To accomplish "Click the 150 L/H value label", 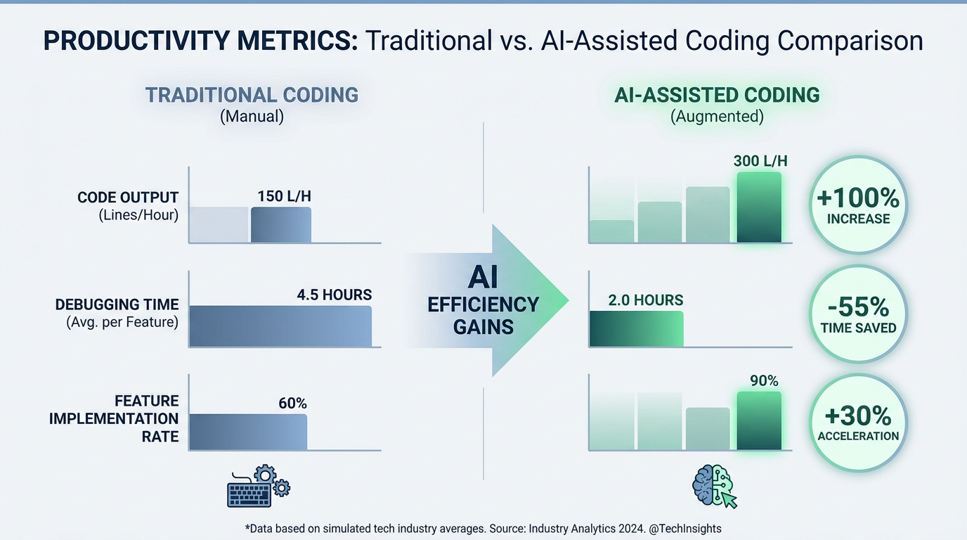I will tap(284, 196).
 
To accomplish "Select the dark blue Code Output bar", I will tap(280, 225).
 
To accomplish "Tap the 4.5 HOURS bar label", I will tap(335, 295).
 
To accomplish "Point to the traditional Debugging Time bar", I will tap(280, 326).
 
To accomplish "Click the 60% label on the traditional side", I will tap(293, 403).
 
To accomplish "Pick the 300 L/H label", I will tap(760, 161).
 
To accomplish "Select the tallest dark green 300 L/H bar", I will tap(759, 207).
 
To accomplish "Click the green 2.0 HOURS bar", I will tap(636, 328).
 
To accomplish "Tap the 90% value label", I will tap(764, 380).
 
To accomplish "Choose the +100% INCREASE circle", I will tap(858, 205).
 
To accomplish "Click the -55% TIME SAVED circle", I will tap(858, 314).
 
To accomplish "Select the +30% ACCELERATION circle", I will tap(858, 423).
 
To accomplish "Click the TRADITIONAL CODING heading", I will tap(252, 95).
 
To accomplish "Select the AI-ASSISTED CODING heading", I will tap(717, 95).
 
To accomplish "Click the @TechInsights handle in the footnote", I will tap(686, 528).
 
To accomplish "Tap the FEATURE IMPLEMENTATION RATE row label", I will tap(114, 418).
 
